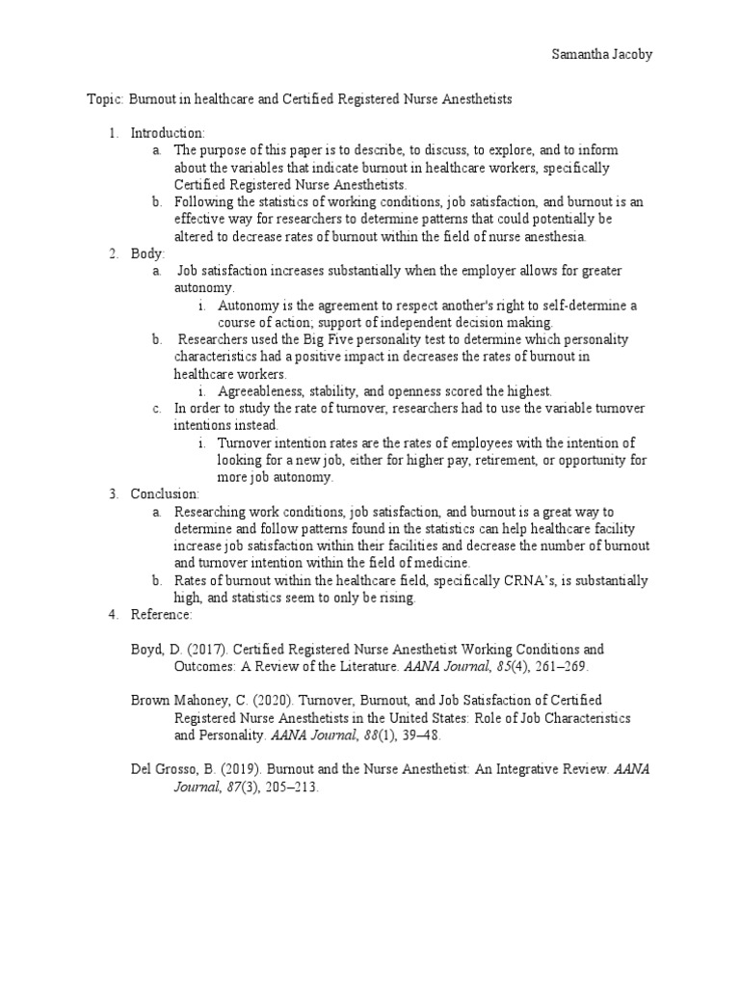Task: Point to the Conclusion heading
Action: tap(165, 494)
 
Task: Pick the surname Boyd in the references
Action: tap(146, 650)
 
